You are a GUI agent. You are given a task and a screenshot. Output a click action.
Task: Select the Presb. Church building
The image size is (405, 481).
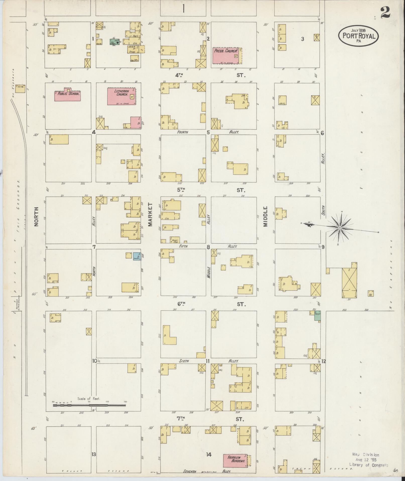225,56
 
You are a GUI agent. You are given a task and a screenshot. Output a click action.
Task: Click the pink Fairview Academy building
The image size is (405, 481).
235,460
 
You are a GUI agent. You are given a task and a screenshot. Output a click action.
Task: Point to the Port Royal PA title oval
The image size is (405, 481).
358,36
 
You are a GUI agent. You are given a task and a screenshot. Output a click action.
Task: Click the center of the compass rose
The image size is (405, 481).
339,228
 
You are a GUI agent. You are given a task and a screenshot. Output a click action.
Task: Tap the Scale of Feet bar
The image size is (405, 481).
89,405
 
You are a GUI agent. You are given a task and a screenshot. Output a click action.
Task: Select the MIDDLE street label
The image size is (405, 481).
266,216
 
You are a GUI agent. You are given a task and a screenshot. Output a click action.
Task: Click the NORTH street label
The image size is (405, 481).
36,216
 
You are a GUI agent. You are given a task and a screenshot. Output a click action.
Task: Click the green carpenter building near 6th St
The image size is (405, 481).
317,316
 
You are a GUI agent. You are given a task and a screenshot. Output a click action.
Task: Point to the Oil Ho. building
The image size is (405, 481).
20,89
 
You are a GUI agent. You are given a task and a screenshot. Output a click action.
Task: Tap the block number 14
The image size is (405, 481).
208,454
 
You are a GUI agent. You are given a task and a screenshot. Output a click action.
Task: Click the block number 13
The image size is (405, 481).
94,454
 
